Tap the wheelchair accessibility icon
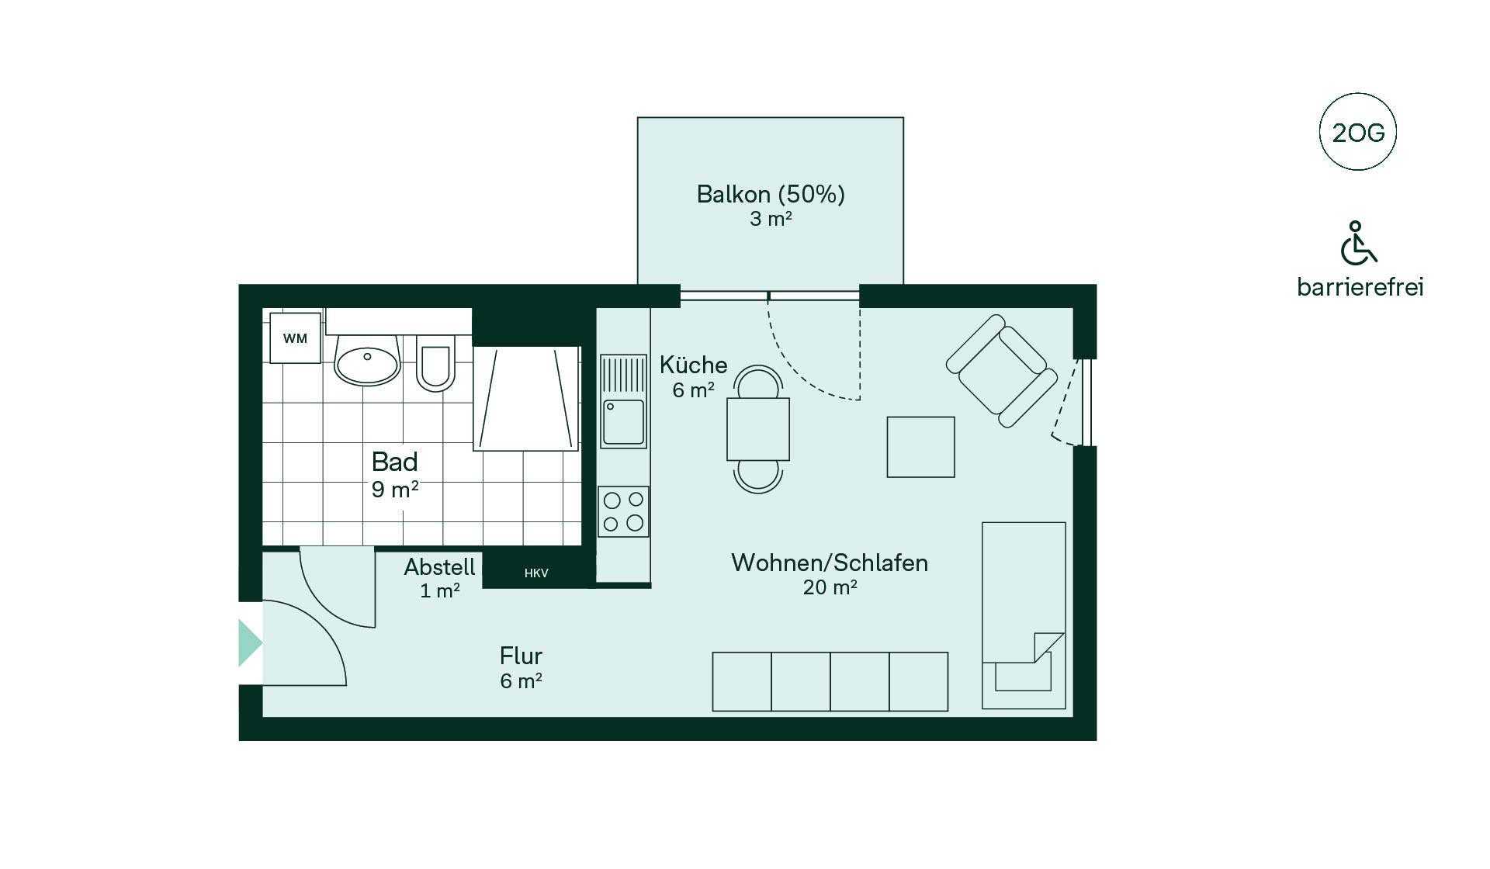click(x=1358, y=242)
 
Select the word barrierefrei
click(x=1360, y=287)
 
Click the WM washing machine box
click(x=295, y=338)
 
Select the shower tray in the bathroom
click(x=526, y=398)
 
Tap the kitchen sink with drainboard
click(x=623, y=401)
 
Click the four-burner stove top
click(x=623, y=511)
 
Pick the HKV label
click(x=536, y=573)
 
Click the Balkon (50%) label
click(x=771, y=194)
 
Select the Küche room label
click(x=694, y=365)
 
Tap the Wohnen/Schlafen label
click(x=830, y=563)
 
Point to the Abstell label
click(x=439, y=567)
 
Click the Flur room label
click(x=521, y=656)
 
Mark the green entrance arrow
click(x=250, y=643)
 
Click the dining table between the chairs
click(x=758, y=429)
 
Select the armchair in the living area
click(x=1002, y=371)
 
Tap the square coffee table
click(x=921, y=447)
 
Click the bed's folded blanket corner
click(x=1048, y=647)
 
